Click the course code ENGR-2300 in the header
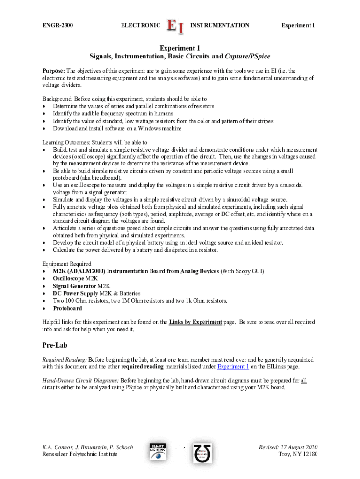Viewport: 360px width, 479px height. [58, 25]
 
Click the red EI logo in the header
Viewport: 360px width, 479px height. [175, 26]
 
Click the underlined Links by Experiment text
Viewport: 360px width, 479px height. [195, 322]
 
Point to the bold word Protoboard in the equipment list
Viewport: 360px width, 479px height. [67, 309]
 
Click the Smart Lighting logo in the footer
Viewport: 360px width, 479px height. [158, 451]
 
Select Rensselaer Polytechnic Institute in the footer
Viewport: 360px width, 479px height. [80, 455]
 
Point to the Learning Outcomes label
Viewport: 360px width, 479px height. [65, 142]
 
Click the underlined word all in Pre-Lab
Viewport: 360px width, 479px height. [303, 380]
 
